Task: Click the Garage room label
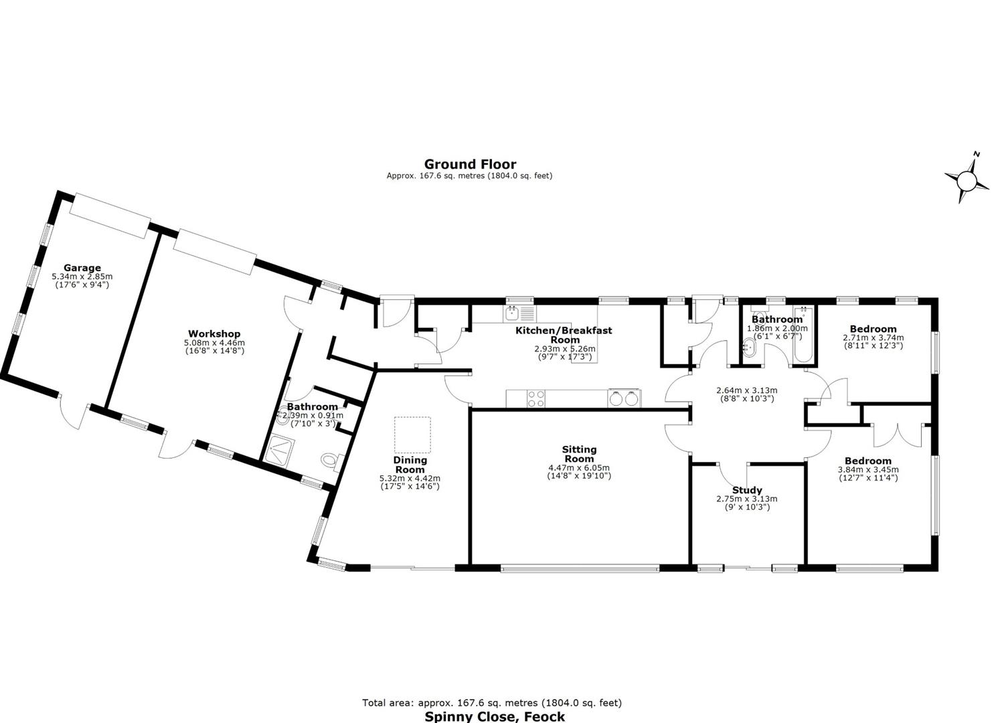point(82,268)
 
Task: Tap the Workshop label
point(214,334)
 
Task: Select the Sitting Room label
point(579,454)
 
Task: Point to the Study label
point(747,490)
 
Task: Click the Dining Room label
point(410,465)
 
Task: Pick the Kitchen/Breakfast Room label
point(564,335)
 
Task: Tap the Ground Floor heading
point(470,164)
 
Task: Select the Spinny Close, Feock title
point(495,716)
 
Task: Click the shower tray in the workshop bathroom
point(279,451)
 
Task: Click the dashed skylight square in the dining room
point(413,434)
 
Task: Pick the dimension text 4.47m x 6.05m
point(579,468)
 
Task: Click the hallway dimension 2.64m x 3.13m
point(747,390)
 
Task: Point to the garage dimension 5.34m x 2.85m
point(82,276)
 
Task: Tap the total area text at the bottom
point(492,703)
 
